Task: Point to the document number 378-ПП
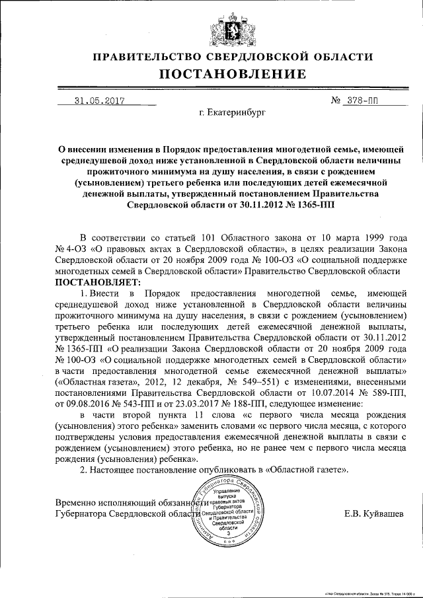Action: tap(363, 102)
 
